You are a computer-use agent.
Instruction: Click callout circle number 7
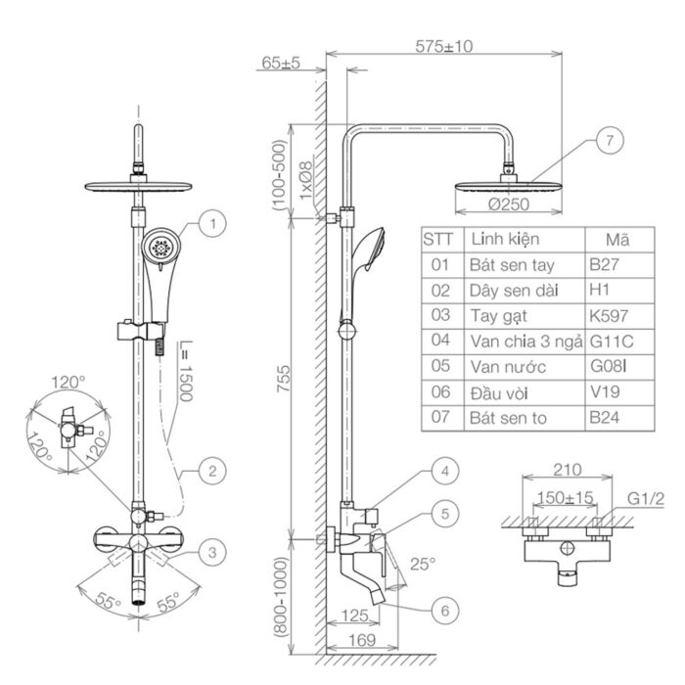point(609,141)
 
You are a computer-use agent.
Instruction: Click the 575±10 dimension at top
point(444,46)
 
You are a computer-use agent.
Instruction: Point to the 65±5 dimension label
point(281,64)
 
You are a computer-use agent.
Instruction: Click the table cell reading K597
point(610,315)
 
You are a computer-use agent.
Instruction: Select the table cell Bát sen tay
point(508,264)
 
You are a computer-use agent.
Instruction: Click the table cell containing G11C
point(614,341)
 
